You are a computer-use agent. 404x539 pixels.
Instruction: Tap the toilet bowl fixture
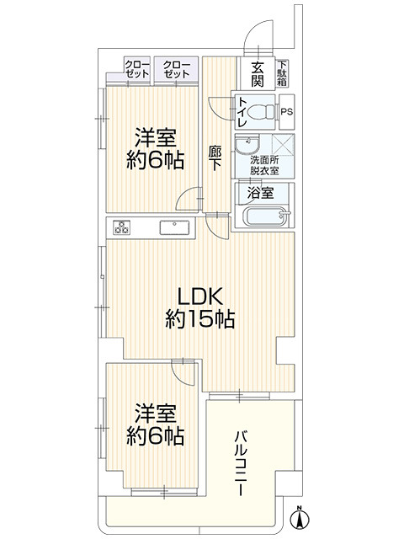260,111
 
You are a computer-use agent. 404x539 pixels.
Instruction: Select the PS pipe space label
287,111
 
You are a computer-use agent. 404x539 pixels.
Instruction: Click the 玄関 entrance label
258,74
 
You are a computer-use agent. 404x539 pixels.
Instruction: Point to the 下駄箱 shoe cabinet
283,73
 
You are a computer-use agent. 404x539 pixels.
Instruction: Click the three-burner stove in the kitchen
122,227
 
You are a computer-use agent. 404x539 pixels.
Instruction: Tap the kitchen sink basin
174,227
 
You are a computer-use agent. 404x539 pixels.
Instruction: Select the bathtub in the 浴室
266,216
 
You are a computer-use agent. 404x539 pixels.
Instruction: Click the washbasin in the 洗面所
247,144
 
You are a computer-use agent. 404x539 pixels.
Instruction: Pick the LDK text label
200,296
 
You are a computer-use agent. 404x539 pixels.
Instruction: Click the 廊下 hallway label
215,158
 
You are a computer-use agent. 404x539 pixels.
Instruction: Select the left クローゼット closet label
137,69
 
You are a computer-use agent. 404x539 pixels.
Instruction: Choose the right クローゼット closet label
176,69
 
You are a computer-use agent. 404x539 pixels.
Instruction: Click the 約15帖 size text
200,319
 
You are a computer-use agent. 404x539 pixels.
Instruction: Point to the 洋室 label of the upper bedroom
155,137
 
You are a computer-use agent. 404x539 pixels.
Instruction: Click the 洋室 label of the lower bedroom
155,414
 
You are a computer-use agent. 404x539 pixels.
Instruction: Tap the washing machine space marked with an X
283,145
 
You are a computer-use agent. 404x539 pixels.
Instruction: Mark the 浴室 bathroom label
260,193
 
